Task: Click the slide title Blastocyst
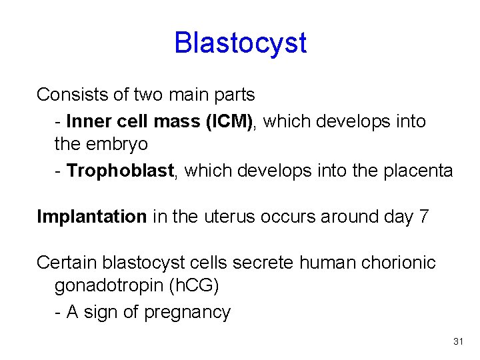(x=240, y=43)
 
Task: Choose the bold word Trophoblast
(x=121, y=171)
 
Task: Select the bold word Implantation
(x=92, y=217)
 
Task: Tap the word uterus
(x=227, y=217)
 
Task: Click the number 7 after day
(x=425, y=217)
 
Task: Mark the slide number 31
(x=457, y=341)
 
